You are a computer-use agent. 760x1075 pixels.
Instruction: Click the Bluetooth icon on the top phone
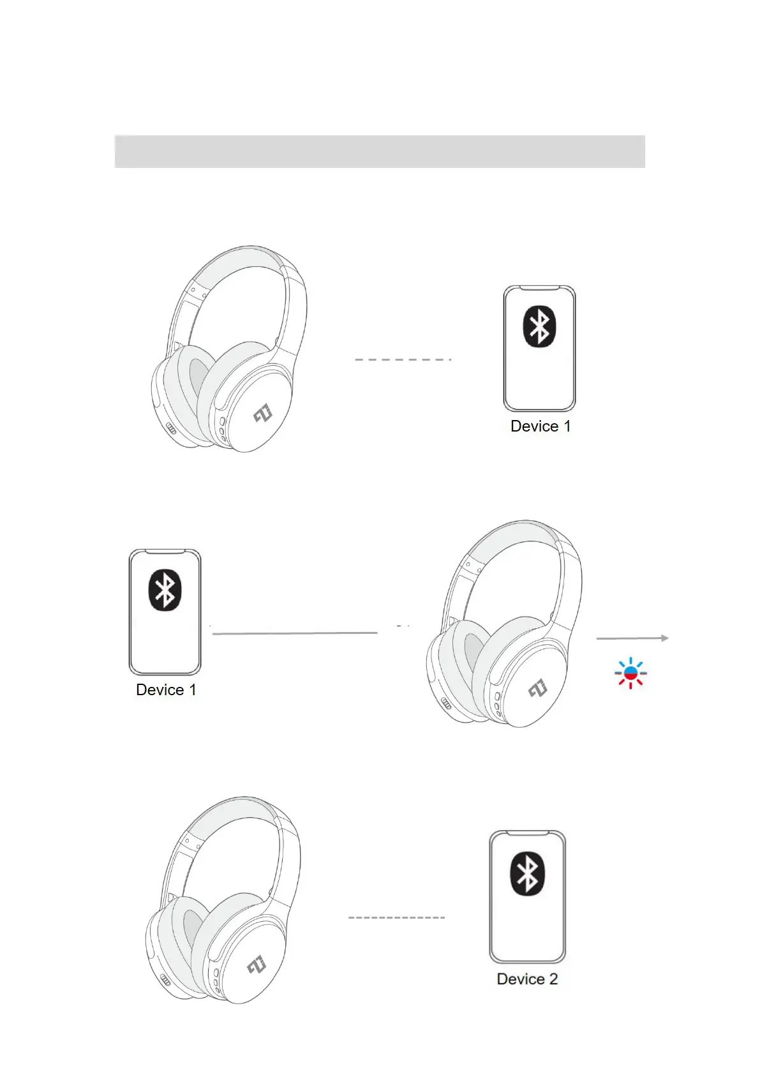tap(539, 326)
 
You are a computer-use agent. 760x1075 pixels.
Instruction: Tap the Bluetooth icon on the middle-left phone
tap(165, 590)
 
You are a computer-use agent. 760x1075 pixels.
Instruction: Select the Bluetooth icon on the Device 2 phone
tap(527, 874)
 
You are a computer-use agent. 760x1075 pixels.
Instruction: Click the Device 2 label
tap(527, 979)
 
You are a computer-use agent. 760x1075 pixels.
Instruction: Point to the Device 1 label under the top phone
tap(540, 426)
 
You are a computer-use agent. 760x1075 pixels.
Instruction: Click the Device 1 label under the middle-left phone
tap(166, 690)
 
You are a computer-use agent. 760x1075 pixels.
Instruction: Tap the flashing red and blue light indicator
tap(630, 673)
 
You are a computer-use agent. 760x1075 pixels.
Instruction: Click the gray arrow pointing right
tap(632, 638)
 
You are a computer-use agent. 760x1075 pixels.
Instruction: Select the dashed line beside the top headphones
tap(403, 360)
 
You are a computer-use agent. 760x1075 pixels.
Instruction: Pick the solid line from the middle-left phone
tap(295, 633)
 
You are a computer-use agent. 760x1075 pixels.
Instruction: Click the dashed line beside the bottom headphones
tap(396, 917)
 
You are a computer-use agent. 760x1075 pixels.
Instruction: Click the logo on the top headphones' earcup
tap(263, 414)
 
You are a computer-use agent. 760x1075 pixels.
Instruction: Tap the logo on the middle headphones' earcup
tap(538, 688)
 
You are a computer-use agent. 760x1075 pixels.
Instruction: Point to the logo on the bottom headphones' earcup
tap(256, 965)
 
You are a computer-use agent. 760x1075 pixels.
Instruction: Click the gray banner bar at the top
tap(380, 151)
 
